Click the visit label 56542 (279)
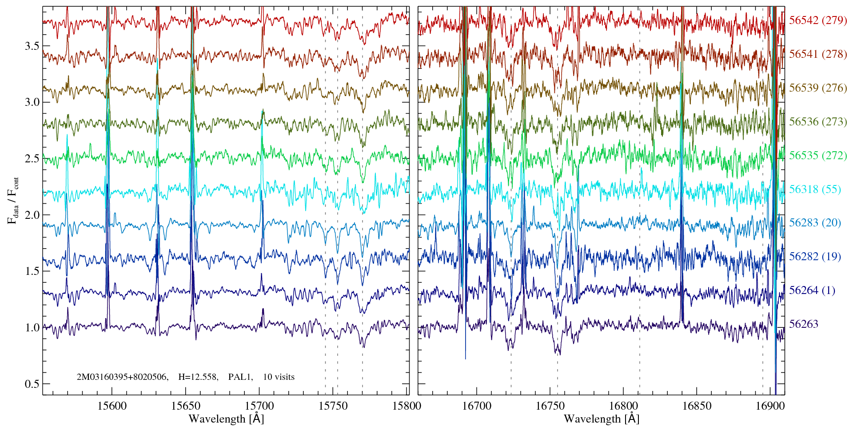(x=818, y=20)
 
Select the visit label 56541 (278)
(x=818, y=54)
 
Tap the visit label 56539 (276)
(x=818, y=88)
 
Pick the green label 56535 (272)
(x=818, y=156)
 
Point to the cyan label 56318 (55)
(x=815, y=189)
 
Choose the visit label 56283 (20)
(x=815, y=222)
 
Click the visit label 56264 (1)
(x=812, y=290)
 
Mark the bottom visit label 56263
(x=803, y=324)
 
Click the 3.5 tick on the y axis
(x=32, y=46)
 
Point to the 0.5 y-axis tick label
(x=32, y=384)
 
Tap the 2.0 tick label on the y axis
(x=32, y=215)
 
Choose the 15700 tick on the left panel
(x=259, y=406)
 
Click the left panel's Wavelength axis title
(x=226, y=419)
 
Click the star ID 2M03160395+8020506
(x=122, y=377)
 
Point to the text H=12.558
(x=198, y=377)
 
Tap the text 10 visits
(x=279, y=377)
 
